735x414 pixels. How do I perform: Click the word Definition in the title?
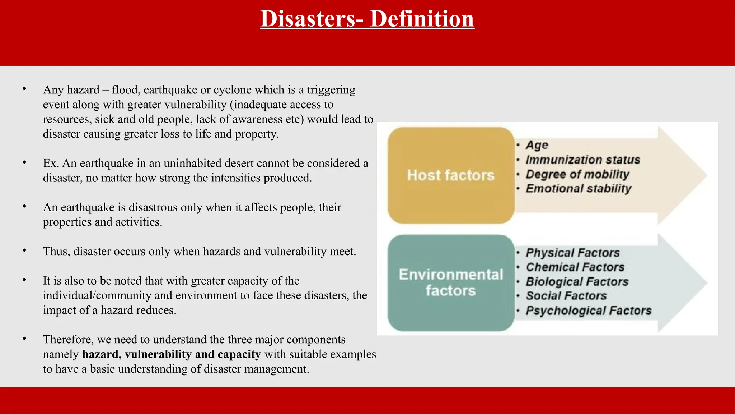pos(422,19)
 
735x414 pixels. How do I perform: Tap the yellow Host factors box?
pos(451,175)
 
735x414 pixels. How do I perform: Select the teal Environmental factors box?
pos(451,282)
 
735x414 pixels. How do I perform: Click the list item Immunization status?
pos(582,160)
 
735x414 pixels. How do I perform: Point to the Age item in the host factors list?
pos(537,145)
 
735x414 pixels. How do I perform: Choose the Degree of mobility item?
pos(577,174)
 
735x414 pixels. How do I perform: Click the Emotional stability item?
pos(578,189)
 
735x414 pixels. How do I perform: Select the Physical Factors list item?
pos(572,253)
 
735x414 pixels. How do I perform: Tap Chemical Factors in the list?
pos(575,267)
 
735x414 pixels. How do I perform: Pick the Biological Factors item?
pos(577,281)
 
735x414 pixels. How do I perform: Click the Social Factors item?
pos(566,296)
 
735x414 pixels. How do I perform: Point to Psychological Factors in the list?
pos(588,310)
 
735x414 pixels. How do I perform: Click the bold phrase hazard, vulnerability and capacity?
pos(171,354)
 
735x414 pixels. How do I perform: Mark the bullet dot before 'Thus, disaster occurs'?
pos(24,250)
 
